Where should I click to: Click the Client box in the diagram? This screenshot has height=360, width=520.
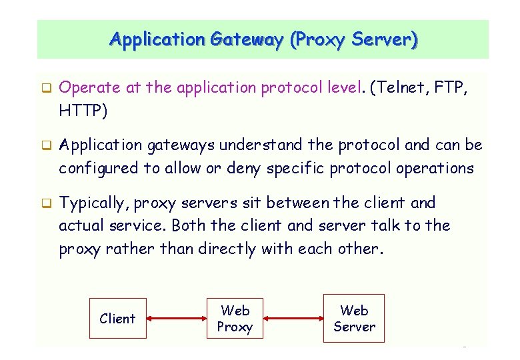117,319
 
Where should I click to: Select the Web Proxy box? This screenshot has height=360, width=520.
235,319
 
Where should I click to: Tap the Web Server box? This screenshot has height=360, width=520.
354,318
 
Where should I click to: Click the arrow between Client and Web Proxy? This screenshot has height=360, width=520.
176,319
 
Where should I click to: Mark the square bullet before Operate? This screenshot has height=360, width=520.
47,87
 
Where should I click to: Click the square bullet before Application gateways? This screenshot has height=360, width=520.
47,145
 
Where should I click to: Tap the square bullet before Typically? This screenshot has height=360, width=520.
47,203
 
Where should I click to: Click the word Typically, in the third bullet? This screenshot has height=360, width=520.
95,203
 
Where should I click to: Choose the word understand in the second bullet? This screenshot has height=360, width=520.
261,145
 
